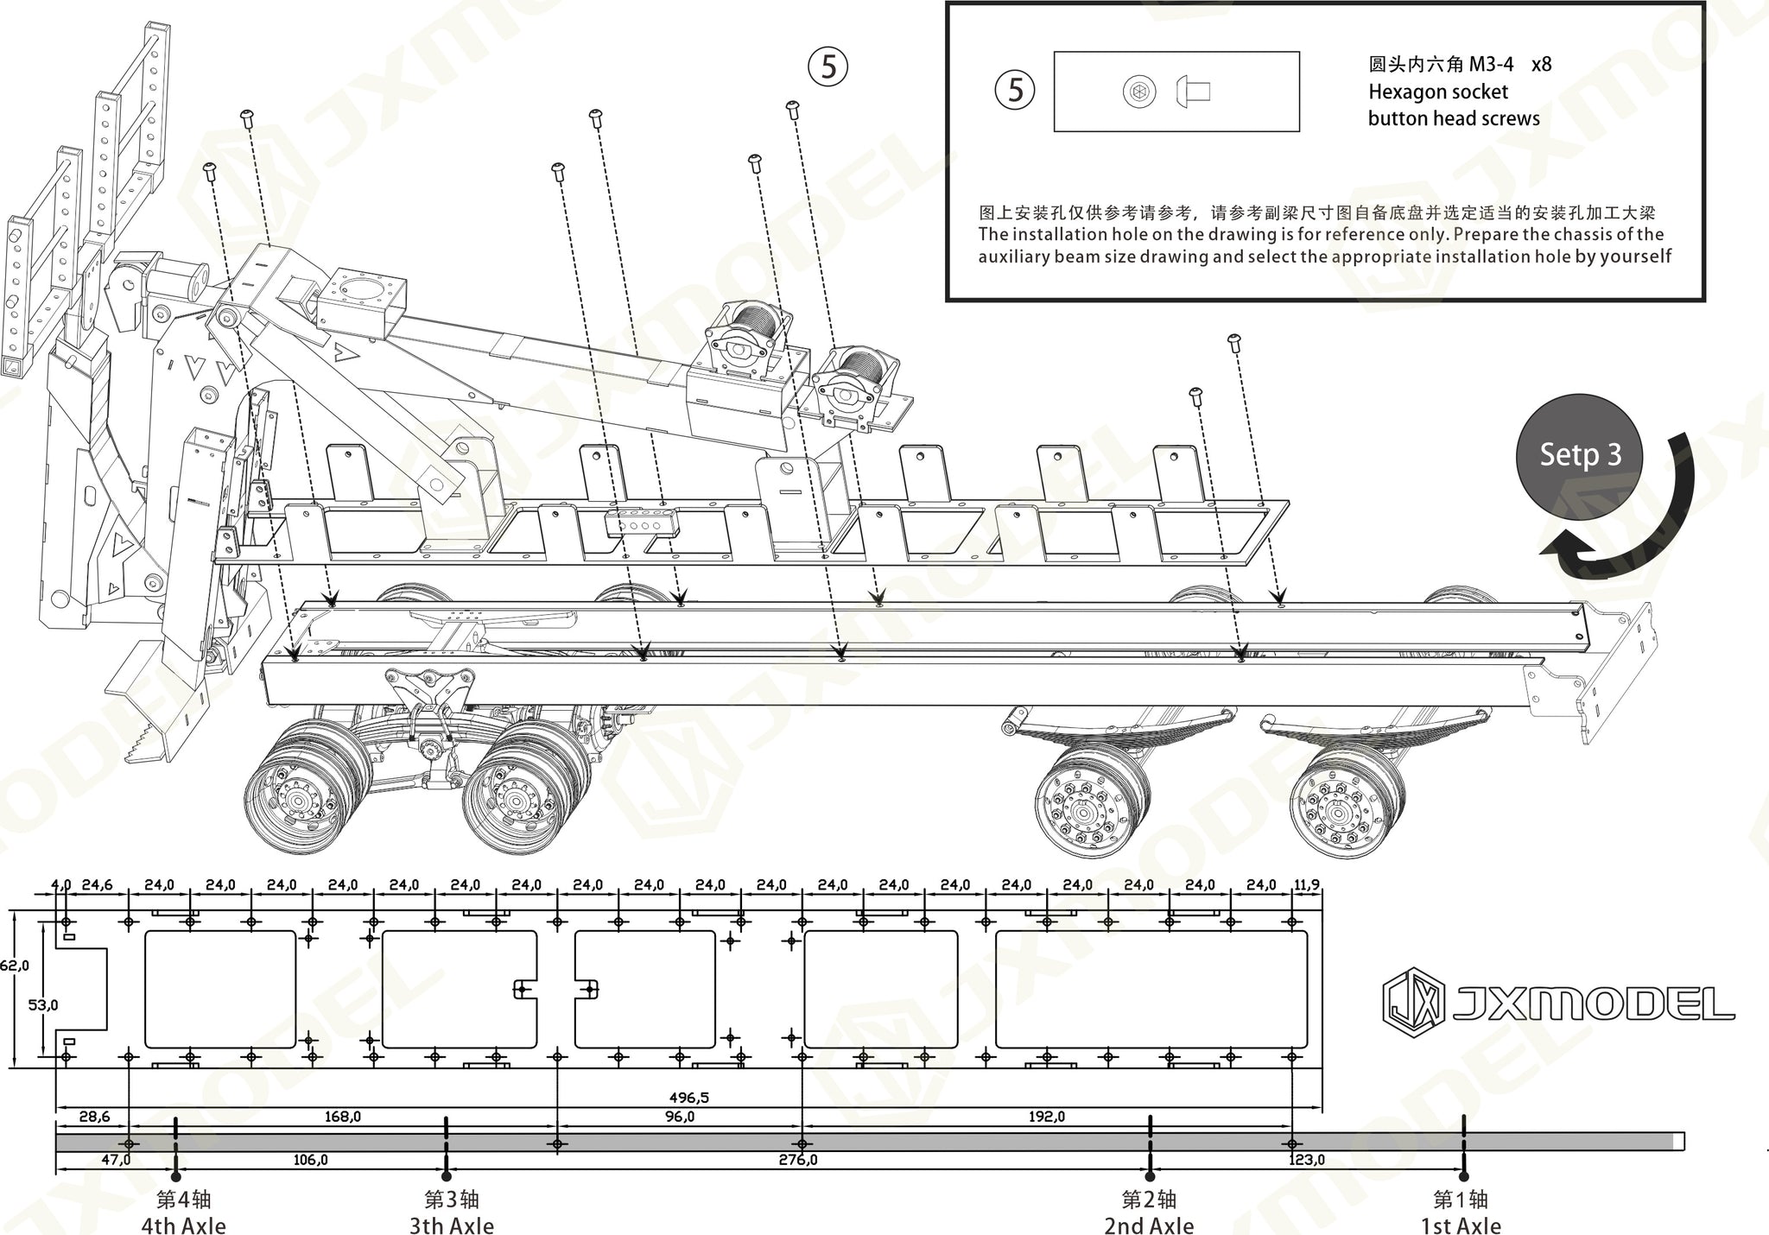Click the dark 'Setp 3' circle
(1580, 455)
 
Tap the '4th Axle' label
(183, 1225)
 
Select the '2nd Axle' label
(1149, 1225)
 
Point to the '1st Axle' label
(1461, 1225)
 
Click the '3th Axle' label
(451, 1225)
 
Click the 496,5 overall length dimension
(688, 1098)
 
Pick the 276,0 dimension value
(797, 1160)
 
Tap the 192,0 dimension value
(1046, 1117)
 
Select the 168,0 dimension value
(342, 1117)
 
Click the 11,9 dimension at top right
(1306, 884)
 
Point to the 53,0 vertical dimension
(43, 1004)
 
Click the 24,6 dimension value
(96, 884)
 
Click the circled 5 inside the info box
(1015, 90)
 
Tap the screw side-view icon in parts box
(1194, 92)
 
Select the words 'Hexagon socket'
(1437, 92)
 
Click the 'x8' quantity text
(1541, 64)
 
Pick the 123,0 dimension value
(1306, 1160)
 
